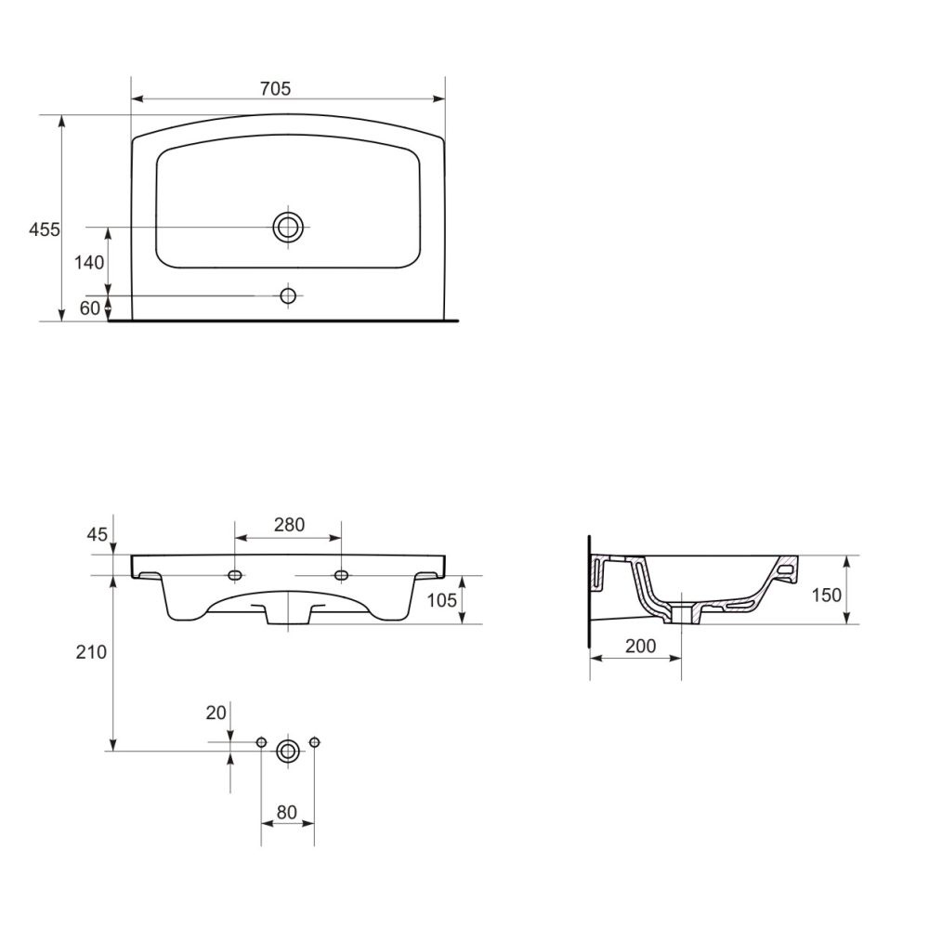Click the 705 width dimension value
pos(276,88)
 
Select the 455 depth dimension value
pos(45,229)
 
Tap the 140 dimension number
pos(89,263)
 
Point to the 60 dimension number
pos(90,308)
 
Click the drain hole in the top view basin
pos(288,227)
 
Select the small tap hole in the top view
pos(288,295)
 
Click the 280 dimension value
pos(289,524)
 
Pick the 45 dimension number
pos(98,534)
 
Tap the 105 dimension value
pos(442,600)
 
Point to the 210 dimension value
pos(91,652)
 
